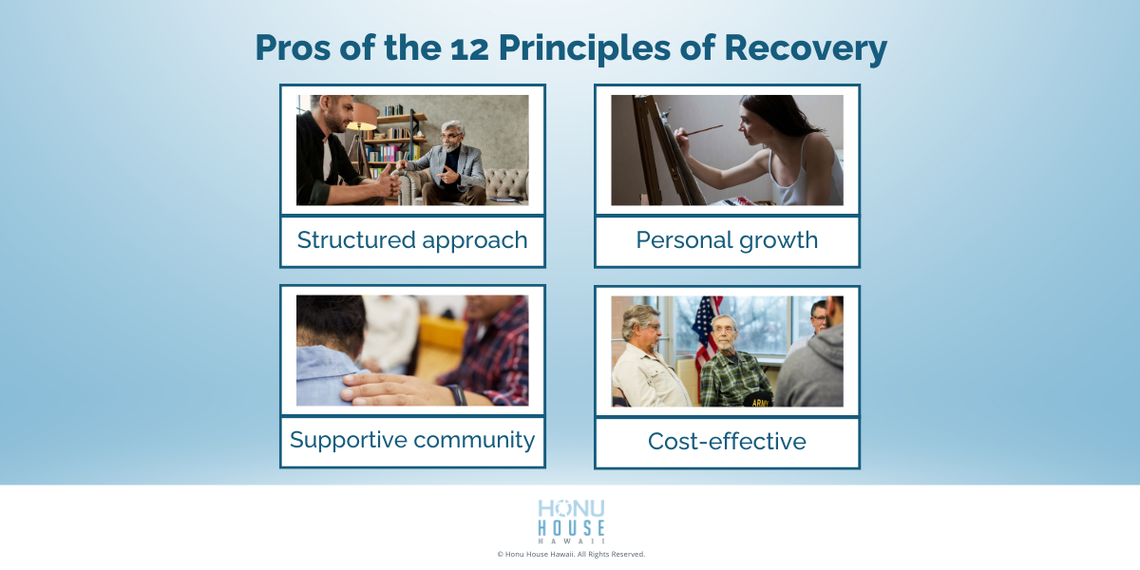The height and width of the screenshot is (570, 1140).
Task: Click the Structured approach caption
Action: tap(412, 240)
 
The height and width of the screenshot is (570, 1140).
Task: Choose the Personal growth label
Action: tap(727, 240)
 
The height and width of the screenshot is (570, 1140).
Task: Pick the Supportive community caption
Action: tap(412, 441)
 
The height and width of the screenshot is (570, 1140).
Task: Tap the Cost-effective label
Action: tap(727, 442)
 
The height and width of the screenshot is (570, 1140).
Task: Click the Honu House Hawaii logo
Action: tap(571, 522)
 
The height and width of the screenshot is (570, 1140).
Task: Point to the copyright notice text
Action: tap(571, 554)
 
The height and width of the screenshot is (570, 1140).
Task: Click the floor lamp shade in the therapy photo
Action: tap(361, 115)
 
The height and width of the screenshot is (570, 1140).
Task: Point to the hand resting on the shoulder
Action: tap(380, 386)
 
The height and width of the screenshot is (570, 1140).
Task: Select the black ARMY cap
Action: tap(758, 398)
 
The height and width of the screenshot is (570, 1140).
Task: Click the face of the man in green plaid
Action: tap(724, 332)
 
